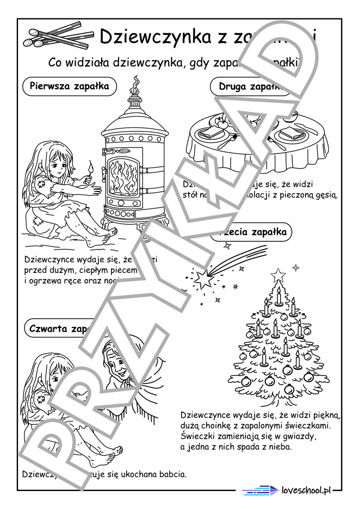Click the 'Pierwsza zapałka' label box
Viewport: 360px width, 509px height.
(69, 86)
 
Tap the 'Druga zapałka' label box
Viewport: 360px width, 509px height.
(246, 86)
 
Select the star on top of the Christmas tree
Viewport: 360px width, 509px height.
(278, 273)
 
